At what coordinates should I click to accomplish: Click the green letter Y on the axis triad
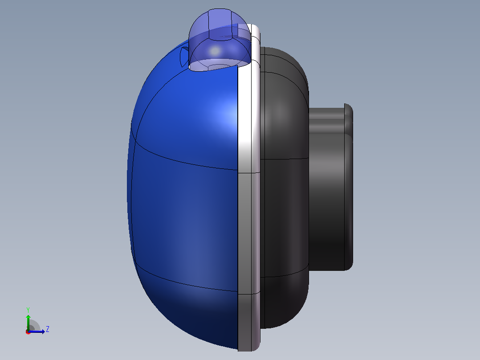pyautogui.click(x=28, y=310)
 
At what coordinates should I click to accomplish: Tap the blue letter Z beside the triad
pyautogui.click(x=48, y=329)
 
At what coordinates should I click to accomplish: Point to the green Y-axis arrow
pyautogui.click(x=28, y=323)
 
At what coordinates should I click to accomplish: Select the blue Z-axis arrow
pyautogui.click(x=37, y=331)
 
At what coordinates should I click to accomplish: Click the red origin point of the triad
pyautogui.click(x=28, y=332)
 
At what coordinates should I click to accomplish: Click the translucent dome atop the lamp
pyautogui.click(x=220, y=40)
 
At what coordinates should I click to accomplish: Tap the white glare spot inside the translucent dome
pyautogui.click(x=215, y=50)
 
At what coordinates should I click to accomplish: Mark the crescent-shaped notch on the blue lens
pyautogui.click(x=183, y=57)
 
